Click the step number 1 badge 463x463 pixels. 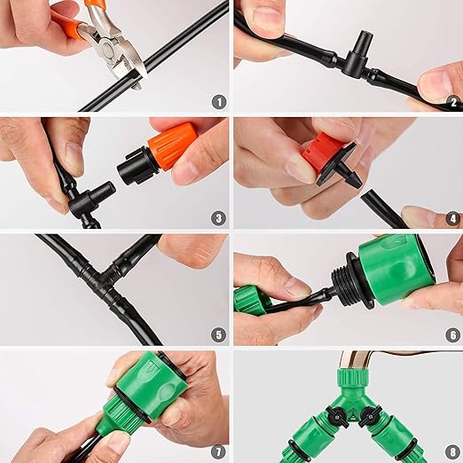tap(217, 101)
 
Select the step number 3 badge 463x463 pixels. tap(217, 217)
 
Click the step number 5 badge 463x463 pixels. tap(217, 334)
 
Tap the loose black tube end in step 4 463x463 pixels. tap(388, 212)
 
